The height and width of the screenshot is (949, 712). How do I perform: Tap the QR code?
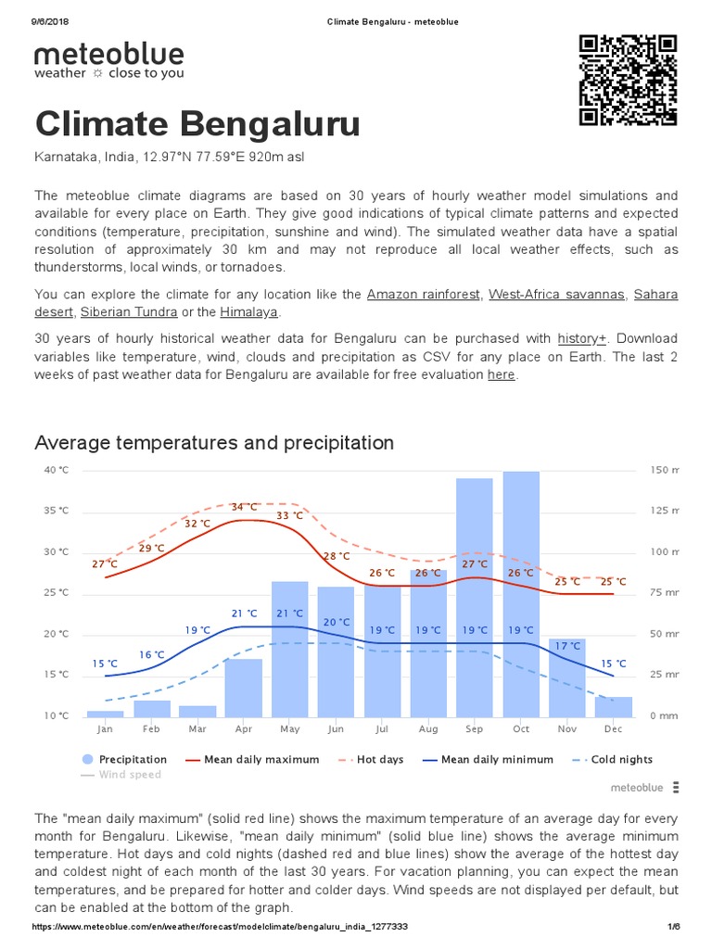tap(628, 80)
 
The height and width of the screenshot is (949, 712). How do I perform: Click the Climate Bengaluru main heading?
tap(197, 124)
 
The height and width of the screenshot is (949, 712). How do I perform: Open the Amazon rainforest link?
tap(424, 294)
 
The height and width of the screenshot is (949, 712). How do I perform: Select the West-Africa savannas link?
tap(556, 294)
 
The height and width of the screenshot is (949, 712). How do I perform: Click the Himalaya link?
tap(248, 311)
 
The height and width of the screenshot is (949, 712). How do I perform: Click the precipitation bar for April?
tap(244, 687)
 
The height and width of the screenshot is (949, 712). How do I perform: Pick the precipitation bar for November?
tap(567, 677)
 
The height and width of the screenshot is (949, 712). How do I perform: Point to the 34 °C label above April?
tap(244, 507)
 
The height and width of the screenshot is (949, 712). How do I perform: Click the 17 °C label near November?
tap(567, 645)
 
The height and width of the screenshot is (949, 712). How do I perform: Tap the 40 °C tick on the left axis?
tap(56, 470)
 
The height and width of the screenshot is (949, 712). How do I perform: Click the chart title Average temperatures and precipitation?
tap(214, 443)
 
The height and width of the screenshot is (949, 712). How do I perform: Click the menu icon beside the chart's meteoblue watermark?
tap(676, 787)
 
